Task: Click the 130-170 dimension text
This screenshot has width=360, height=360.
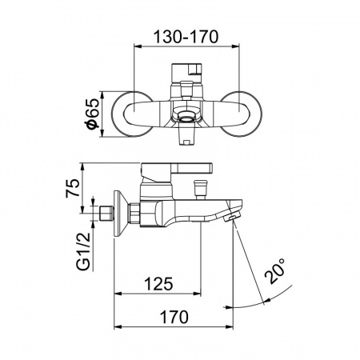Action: tap(186, 37)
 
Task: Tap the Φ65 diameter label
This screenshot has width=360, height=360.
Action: tap(93, 114)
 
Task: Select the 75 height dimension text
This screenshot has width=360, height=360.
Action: tap(73, 188)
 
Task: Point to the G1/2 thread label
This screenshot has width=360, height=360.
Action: tap(83, 251)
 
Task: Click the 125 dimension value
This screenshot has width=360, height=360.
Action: tap(158, 284)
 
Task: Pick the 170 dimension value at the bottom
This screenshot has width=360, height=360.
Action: tap(174, 317)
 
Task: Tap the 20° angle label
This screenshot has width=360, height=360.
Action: tap(275, 270)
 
